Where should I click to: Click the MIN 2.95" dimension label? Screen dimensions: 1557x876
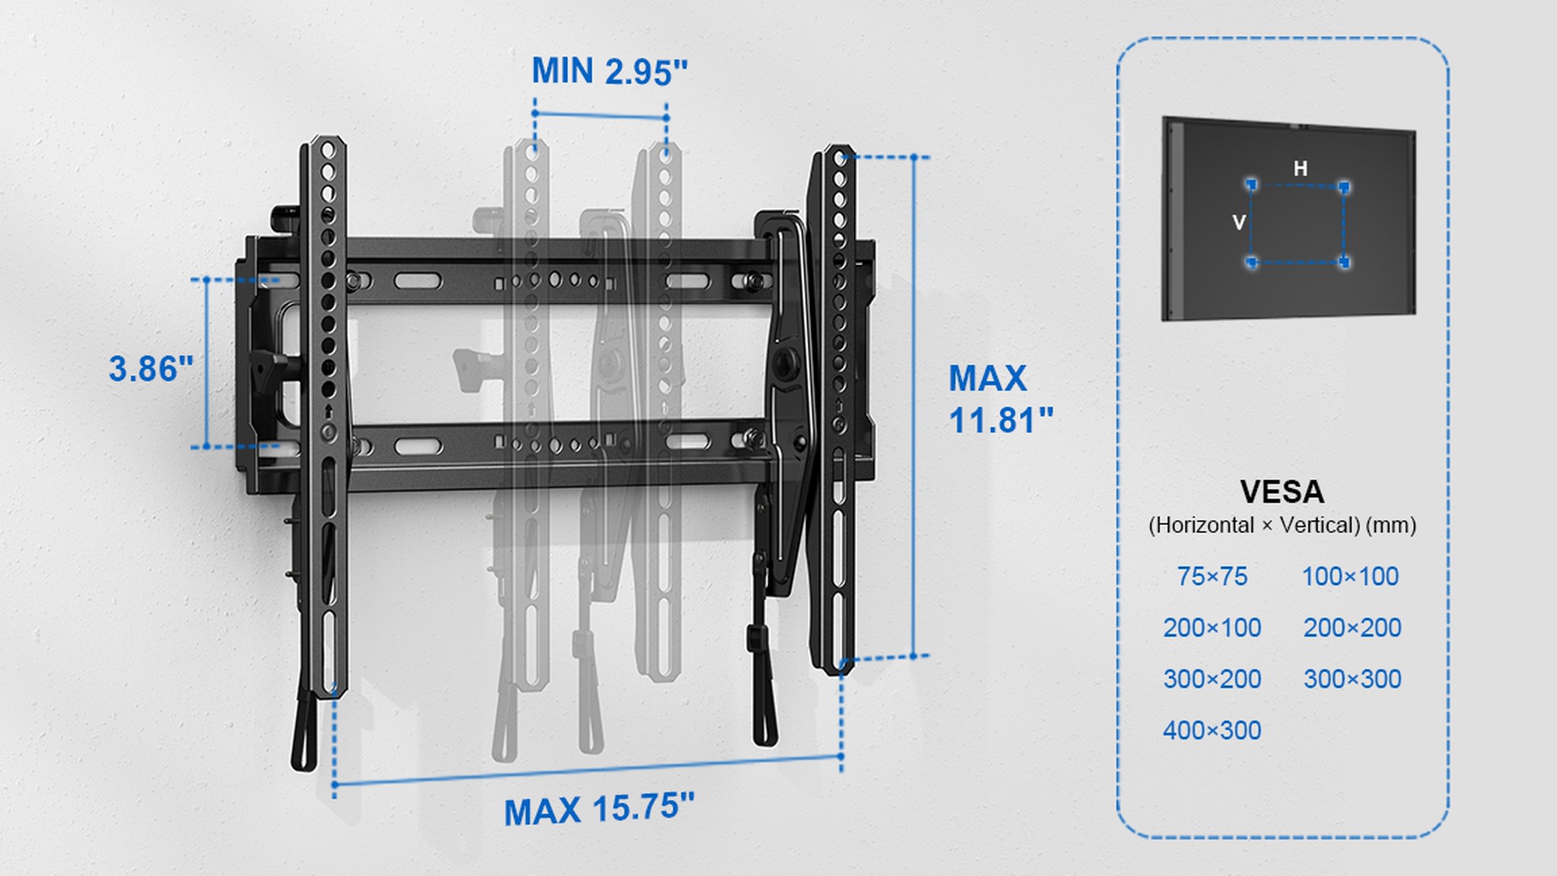pos(609,71)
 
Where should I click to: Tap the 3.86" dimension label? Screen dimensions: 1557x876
pos(152,369)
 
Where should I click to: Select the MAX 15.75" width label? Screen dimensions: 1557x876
pos(599,809)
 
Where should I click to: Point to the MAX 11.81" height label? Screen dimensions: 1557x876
pos(1001,399)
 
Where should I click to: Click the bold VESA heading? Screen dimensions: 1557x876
pos(1281,492)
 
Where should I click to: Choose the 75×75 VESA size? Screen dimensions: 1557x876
pos(1212,576)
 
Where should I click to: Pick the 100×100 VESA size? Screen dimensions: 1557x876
pos(1350,576)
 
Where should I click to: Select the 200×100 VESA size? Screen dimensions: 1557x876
pos(1212,627)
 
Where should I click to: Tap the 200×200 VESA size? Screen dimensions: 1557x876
pos(1353,627)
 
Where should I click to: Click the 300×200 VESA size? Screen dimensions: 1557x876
pos(1212,678)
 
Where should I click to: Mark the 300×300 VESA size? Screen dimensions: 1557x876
pos(1353,678)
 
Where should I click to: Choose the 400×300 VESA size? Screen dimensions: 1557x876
pos(1212,730)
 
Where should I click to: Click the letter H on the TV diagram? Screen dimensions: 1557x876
pos(1300,168)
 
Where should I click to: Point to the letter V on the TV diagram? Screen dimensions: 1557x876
pos(1238,221)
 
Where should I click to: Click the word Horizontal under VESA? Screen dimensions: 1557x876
pos(1205,525)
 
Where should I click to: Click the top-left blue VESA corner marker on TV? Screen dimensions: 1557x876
pos(1251,185)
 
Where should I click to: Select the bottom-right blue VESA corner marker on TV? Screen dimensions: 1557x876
pos(1345,262)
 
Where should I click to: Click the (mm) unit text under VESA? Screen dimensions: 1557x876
pos(1392,525)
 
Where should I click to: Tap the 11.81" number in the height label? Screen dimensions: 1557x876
pos(1001,420)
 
